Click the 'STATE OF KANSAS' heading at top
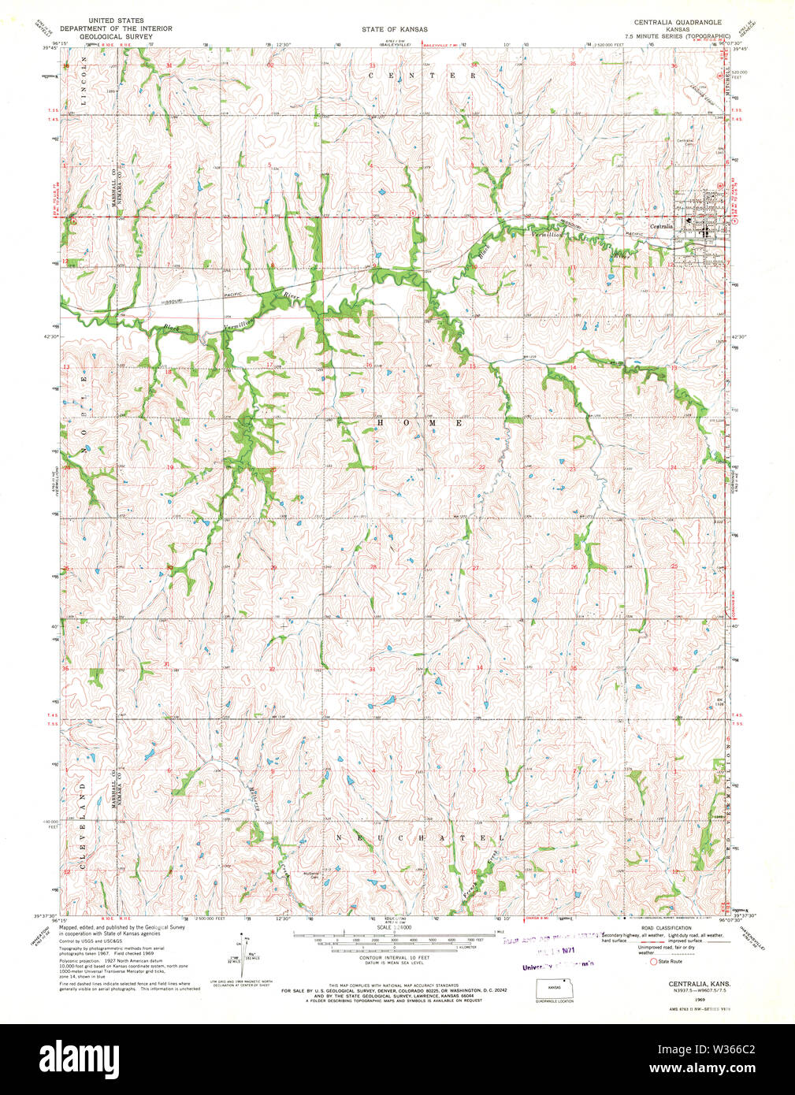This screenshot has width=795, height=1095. (395, 29)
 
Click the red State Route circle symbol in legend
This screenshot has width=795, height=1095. (653, 961)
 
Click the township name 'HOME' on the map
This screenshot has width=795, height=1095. (419, 423)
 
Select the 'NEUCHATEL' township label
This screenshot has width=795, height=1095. (419, 837)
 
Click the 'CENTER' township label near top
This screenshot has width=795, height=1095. (422, 76)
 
